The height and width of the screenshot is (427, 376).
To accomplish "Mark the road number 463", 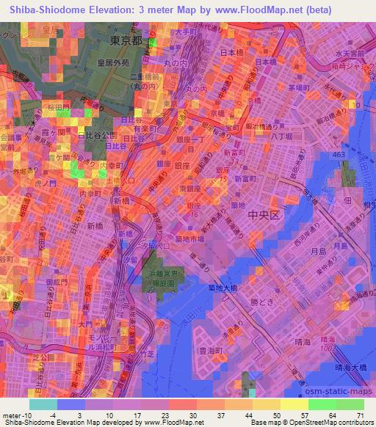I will (x=339, y=156).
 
